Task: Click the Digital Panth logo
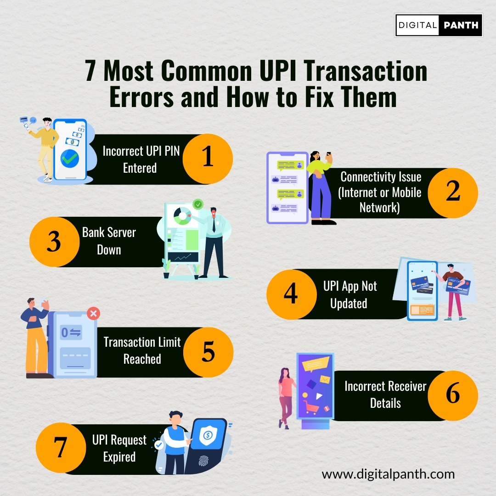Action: coord(439,25)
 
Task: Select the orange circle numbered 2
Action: coord(453,192)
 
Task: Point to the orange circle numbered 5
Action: coord(208,352)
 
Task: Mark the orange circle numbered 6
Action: coord(453,395)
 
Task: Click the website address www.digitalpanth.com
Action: coord(388,473)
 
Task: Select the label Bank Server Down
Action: coord(109,241)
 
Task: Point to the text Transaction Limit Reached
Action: coord(142,350)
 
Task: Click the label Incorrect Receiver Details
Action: coord(385,395)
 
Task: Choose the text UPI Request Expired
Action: coord(119,448)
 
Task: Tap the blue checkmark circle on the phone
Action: coord(70,159)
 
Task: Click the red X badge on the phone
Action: coord(93,314)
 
